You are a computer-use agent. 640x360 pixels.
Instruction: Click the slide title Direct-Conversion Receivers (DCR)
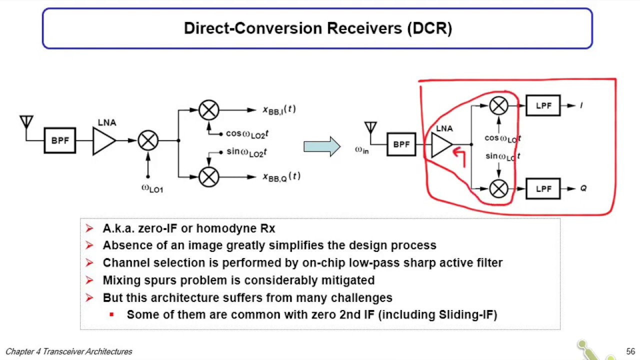tap(317, 28)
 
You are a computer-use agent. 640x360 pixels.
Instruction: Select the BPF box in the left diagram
tap(60, 140)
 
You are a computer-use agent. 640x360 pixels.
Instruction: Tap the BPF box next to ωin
tap(401, 144)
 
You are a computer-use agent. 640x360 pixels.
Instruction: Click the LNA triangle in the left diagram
tap(103, 140)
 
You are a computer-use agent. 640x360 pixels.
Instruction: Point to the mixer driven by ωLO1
tap(148, 140)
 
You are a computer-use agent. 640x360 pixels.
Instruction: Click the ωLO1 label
tap(152, 188)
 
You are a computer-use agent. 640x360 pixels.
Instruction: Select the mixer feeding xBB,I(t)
tap(209, 110)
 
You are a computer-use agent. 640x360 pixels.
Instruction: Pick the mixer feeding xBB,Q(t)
tap(209, 176)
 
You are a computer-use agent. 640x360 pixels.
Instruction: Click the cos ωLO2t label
tap(247, 133)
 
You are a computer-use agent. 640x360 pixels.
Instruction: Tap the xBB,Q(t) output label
tap(281, 176)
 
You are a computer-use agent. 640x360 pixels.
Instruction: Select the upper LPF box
tap(543, 105)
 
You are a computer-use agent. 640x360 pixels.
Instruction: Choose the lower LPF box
tap(543, 188)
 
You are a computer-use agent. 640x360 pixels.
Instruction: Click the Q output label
tap(583, 188)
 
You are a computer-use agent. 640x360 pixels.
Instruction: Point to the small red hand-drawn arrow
tap(459, 156)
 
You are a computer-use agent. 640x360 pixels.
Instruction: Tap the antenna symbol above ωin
tap(370, 128)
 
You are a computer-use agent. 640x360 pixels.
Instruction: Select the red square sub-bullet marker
tap(111, 314)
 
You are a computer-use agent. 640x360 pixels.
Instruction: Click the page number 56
tap(630, 351)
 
